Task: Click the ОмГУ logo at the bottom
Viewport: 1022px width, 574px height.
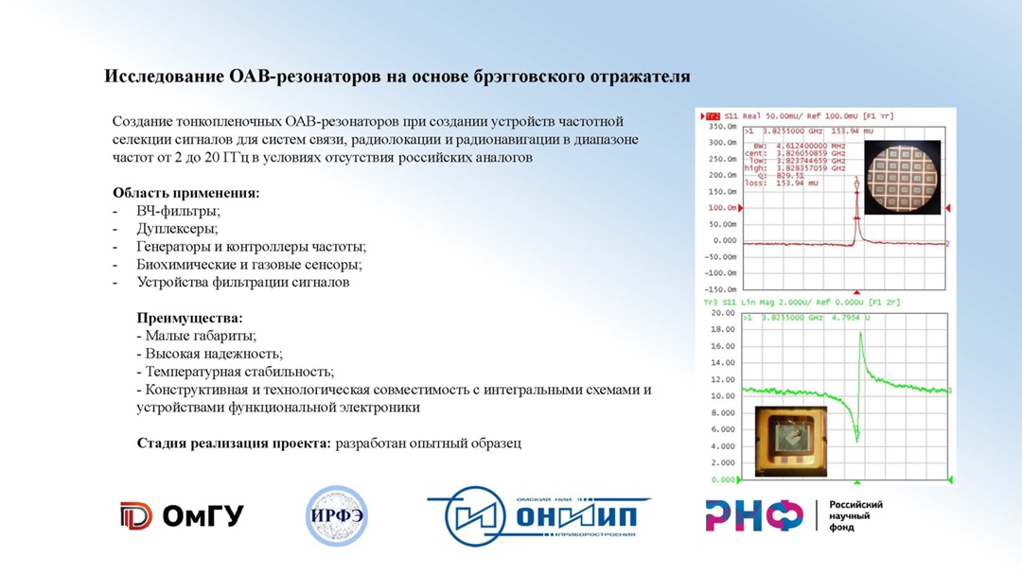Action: tap(182, 515)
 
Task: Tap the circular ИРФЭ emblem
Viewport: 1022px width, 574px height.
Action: tap(336, 516)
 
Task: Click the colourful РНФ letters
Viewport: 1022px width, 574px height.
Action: tap(753, 515)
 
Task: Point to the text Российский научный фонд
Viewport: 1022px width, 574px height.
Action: tap(855, 515)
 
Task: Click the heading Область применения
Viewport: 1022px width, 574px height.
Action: tap(185, 193)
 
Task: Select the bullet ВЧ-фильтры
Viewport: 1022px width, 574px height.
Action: tap(178, 211)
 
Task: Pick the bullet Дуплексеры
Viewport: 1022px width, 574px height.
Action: tap(177, 229)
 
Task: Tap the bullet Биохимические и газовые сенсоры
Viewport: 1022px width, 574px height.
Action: tap(249, 265)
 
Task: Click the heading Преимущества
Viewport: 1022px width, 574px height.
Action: tap(189, 319)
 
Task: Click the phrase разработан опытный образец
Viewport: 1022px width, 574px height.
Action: tap(428, 443)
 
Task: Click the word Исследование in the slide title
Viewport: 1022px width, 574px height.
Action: tap(164, 77)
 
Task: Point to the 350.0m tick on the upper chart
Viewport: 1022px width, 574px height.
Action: tap(721, 127)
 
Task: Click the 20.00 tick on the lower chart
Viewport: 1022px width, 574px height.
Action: tap(723, 313)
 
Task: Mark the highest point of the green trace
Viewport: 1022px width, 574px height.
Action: tap(860, 334)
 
